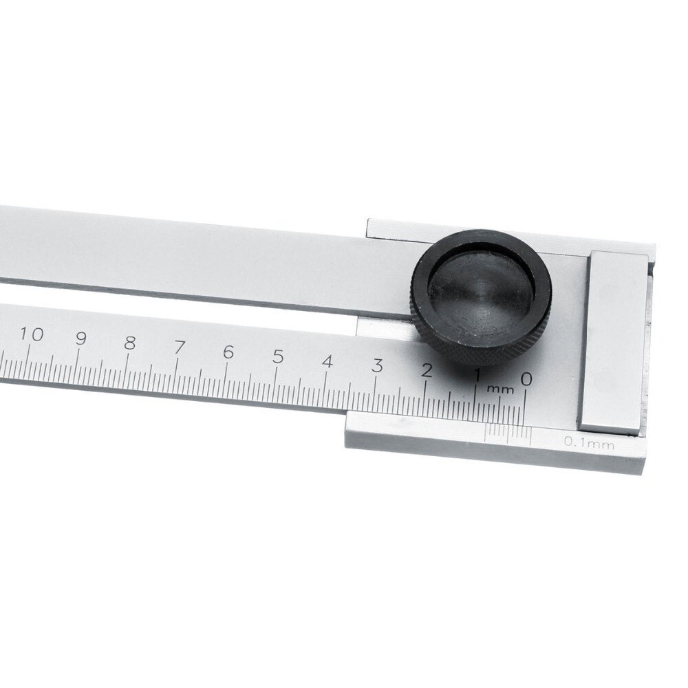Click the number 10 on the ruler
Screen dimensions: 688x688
(x=32, y=335)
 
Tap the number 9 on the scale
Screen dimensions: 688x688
(x=80, y=338)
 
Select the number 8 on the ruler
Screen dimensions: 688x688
(x=129, y=343)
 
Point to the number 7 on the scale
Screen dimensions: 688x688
(x=179, y=347)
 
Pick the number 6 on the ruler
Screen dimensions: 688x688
(x=228, y=352)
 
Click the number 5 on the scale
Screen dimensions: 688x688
(x=278, y=357)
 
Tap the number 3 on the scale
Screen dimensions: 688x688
(x=377, y=366)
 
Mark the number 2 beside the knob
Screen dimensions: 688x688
(x=427, y=371)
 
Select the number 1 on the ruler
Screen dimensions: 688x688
(x=477, y=375)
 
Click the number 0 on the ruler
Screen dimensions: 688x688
(x=526, y=378)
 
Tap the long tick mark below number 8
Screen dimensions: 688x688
(x=127, y=363)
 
